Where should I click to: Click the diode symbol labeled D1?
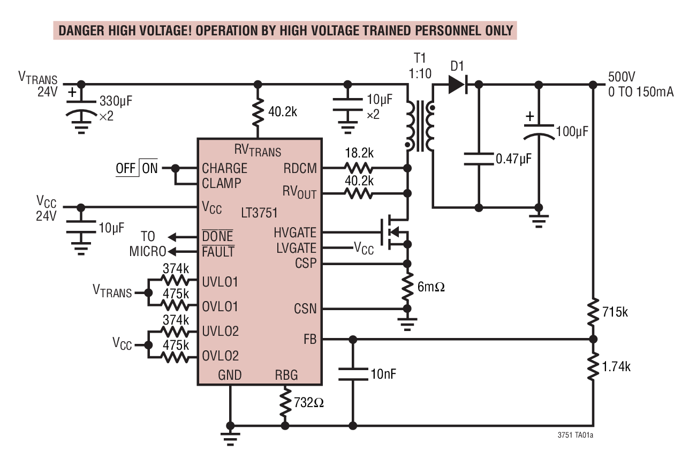pyautogui.click(x=458, y=85)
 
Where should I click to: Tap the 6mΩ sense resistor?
pyautogui.click(x=407, y=286)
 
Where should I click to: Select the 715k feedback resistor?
pyautogui.click(x=593, y=312)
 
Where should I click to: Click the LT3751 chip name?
pyautogui.click(x=259, y=213)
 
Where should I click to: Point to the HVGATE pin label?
pyautogui.click(x=294, y=232)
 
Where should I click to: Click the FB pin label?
pyautogui.click(x=309, y=339)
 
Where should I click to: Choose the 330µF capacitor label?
pyautogui.click(x=118, y=101)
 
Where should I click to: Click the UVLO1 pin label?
pyautogui.click(x=220, y=281)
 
